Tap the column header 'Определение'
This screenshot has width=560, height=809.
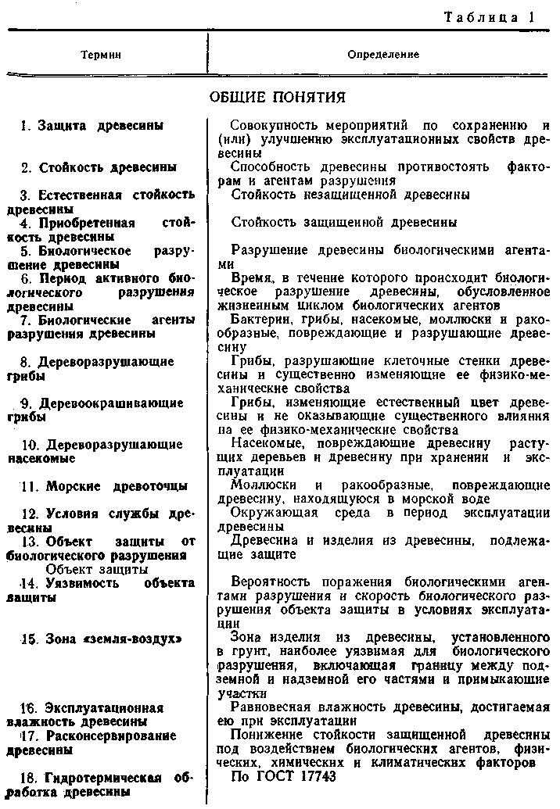point(383,55)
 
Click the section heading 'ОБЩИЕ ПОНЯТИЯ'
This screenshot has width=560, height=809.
point(278,97)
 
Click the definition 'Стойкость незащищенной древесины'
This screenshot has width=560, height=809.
point(350,194)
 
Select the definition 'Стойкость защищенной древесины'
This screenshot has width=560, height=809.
point(344,222)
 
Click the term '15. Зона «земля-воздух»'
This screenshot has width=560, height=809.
point(112,639)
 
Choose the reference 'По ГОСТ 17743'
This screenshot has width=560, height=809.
point(284,776)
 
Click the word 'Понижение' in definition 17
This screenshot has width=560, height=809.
point(262,735)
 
